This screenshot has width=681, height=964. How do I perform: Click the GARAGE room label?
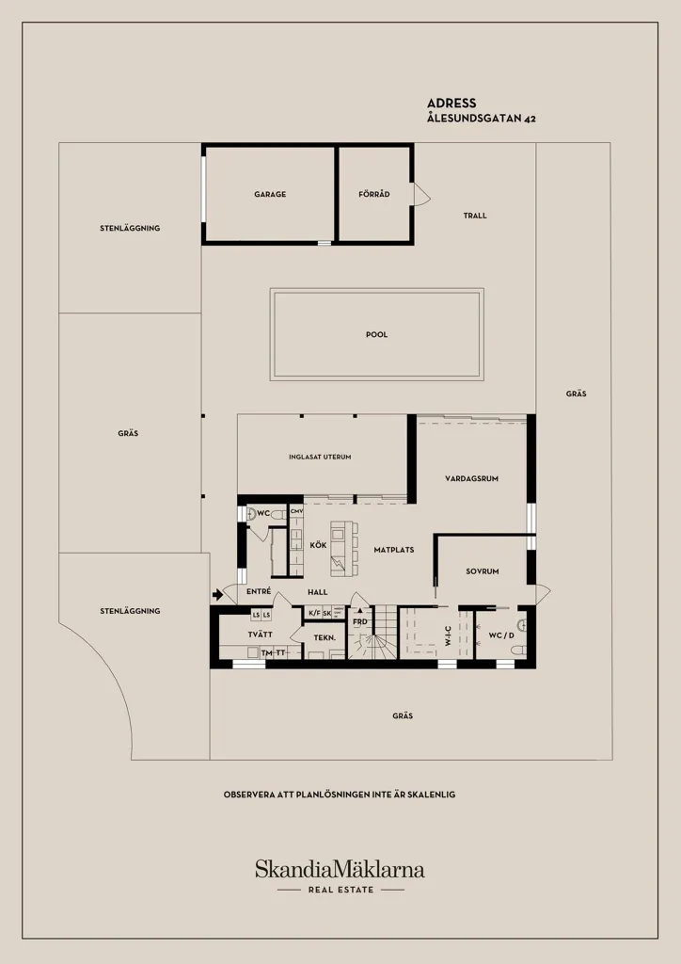tap(270, 194)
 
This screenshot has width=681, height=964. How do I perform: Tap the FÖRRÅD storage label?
tap(374, 194)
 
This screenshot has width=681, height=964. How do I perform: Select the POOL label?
tap(376, 335)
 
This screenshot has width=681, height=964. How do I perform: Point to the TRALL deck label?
tap(475, 216)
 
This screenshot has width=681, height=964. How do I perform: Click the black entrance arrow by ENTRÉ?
tap(217, 595)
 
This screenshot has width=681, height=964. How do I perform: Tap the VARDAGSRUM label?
tap(471, 478)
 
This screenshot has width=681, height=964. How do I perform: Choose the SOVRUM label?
tap(482, 571)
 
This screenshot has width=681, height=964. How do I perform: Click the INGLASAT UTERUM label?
tap(320, 458)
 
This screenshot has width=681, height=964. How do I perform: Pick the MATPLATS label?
tap(394, 550)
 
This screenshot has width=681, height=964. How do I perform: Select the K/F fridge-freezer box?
tap(314, 613)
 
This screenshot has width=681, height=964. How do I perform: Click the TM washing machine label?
tap(266, 653)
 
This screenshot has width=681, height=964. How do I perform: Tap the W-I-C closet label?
tap(449, 635)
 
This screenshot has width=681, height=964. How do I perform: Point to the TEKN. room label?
tap(325, 638)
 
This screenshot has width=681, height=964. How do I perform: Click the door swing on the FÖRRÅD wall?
tap(422, 195)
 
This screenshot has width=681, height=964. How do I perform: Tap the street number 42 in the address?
tap(530, 120)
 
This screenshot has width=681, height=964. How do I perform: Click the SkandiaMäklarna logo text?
tap(340, 869)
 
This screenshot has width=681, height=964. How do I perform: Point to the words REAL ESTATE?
tap(340, 890)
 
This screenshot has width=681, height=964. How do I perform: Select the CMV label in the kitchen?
tap(296, 511)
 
